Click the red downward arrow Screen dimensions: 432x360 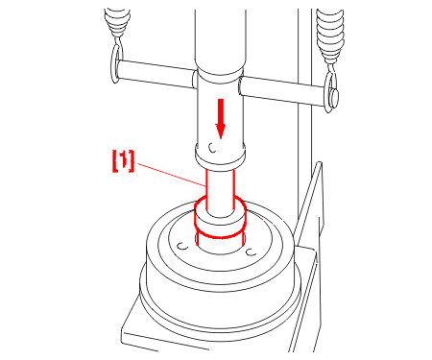[220, 118]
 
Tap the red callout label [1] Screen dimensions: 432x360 [123, 161]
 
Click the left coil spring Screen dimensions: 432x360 [117, 22]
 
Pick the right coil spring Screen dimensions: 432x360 [330, 36]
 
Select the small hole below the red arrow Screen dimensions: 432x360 [212, 148]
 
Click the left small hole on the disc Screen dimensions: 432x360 [182, 246]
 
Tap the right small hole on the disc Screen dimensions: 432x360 [251, 252]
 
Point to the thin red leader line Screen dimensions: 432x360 [170, 175]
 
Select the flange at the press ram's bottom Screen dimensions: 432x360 [221, 156]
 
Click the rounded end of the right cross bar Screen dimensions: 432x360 [335, 97]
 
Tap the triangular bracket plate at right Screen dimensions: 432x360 [308, 204]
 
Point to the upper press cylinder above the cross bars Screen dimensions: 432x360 [221, 40]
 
